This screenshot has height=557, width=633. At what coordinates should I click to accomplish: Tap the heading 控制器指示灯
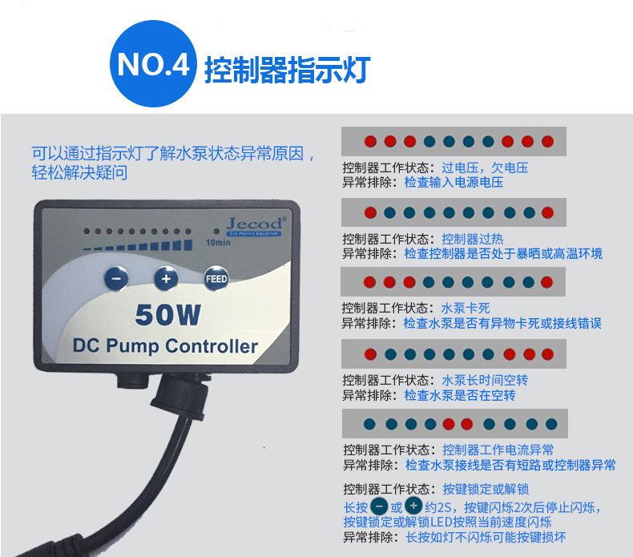tap(286, 69)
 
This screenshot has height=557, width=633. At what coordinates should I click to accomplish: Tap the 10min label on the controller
tap(217, 243)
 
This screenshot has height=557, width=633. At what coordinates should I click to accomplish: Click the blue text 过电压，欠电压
tap(485, 168)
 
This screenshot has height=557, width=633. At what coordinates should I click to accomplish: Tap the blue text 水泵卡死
tap(466, 309)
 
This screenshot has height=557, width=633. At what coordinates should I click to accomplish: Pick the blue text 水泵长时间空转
tap(485, 380)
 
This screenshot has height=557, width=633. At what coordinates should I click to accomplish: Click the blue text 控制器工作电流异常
tap(498, 450)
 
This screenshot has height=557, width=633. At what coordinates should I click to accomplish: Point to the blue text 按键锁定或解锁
tap(486, 490)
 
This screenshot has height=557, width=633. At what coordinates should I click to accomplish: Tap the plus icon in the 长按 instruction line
tap(413, 507)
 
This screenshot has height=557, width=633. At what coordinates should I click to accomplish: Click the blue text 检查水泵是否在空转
tap(459, 395)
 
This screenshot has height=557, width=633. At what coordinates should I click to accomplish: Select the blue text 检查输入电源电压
tap(454, 183)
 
